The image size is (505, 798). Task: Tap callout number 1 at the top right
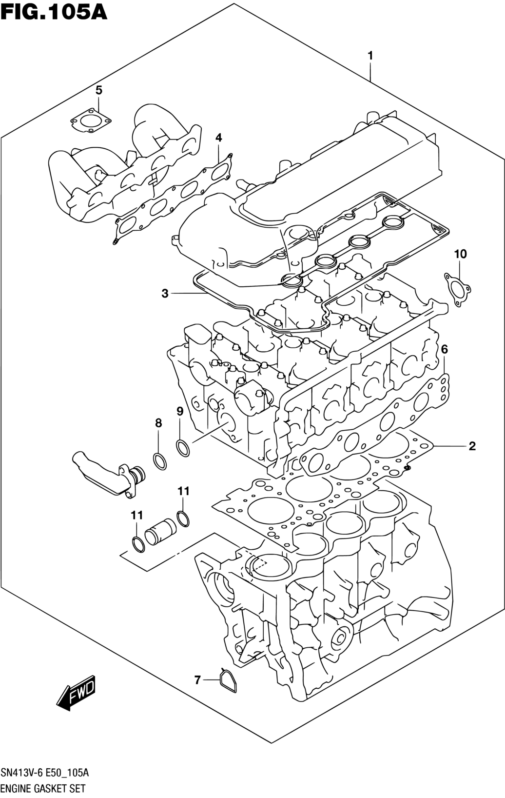(x=370, y=56)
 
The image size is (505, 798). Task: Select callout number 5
(x=98, y=90)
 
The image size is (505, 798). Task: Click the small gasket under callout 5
(x=91, y=122)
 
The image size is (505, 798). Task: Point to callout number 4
(x=218, y=138)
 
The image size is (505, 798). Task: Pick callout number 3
(x=165, y=294)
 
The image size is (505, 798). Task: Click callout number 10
(x=460, y=254)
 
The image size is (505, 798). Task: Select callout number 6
(x=444, y=349)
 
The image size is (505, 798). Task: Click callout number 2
(x=472, y=446)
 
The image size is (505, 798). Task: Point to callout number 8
(x=158, y=423)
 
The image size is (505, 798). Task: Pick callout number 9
(x=180, y=412)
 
